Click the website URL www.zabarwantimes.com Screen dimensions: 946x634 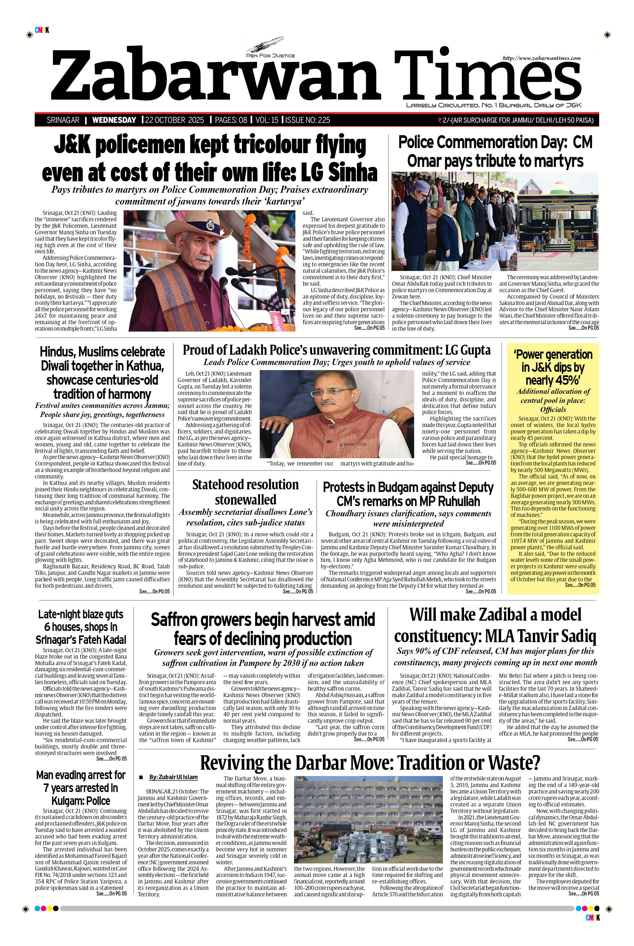coord(541,58)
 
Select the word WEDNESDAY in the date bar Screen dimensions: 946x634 coord(114,120)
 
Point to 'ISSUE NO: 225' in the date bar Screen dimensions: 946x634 coord(308,120)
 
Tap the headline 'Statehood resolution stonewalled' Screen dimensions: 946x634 coord(246,492)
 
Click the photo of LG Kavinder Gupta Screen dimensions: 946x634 coord(336,414)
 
